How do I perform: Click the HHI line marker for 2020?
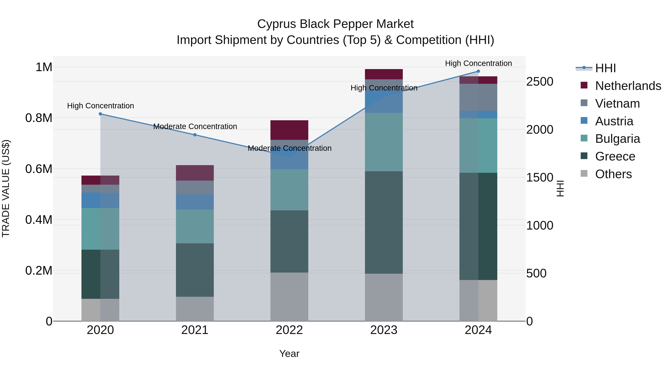point(100,114)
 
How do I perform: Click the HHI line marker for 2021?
point(195,135)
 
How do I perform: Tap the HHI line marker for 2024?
point(478,71)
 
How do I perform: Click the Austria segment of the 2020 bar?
point(100,200)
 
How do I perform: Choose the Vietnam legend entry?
point(617,104)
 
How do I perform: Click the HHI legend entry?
point(605,68)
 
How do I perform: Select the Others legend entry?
point(613,174)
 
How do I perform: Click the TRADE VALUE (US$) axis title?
point(6,188)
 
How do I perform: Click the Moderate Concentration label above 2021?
point(195,126)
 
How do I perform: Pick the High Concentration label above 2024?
point(478,63)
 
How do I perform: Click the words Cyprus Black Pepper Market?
point(335,24)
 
